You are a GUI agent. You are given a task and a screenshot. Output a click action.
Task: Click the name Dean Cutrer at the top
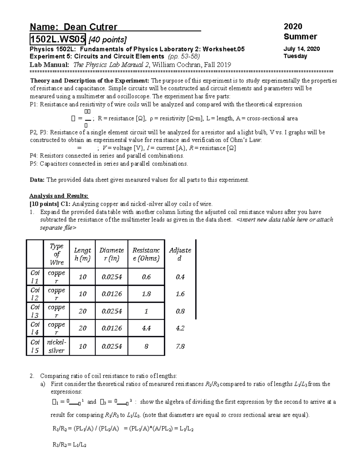pyautogui.click(x=90, y=27)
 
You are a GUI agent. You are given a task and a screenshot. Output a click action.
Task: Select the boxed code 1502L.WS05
pyautogui.click(x=57, y=39)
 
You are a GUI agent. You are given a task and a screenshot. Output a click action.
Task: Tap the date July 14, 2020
pyautogui.click(x=301, y=49)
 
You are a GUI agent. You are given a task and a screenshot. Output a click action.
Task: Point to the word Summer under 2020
pyautogui.click(x=300, y=37)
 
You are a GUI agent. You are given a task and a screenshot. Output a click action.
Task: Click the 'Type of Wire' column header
pyautogui.click(x=56, y=254)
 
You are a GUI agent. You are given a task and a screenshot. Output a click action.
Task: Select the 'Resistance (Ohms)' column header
pyautogui.click(x=146, y=254)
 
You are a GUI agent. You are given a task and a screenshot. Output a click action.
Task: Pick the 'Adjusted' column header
pyautogui.click(x=180, y=254)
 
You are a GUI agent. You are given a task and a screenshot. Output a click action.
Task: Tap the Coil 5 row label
pyautogui.click(x=35, y=346)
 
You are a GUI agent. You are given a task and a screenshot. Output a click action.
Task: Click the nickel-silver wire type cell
pyautogui.click(x=56, y=346)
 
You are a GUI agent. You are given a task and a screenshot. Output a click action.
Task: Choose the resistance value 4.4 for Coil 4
pyautogui.click(x=146, y=328)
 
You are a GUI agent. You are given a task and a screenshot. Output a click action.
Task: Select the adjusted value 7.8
pyautogui.click(x=180, y=346)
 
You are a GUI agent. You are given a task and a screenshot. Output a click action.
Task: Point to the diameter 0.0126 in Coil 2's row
pyautogui.click(x=112, y=294)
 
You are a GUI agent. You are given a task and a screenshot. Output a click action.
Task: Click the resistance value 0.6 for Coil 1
pyautogui.click(x=146, y=277)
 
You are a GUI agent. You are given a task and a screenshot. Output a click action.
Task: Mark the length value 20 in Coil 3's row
pyautogui.click(x=82, y=311)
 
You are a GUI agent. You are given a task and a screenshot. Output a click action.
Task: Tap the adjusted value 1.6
pyautogui.click(x=180, y=294)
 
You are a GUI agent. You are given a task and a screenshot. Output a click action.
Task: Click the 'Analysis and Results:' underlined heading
pyautogui.click(x=59, y=196)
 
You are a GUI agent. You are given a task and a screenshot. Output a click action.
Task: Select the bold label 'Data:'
pyautogui.click(x=37, y=180)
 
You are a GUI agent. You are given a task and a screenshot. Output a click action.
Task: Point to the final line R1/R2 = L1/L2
pyautogui.click(x=69, y=445)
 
